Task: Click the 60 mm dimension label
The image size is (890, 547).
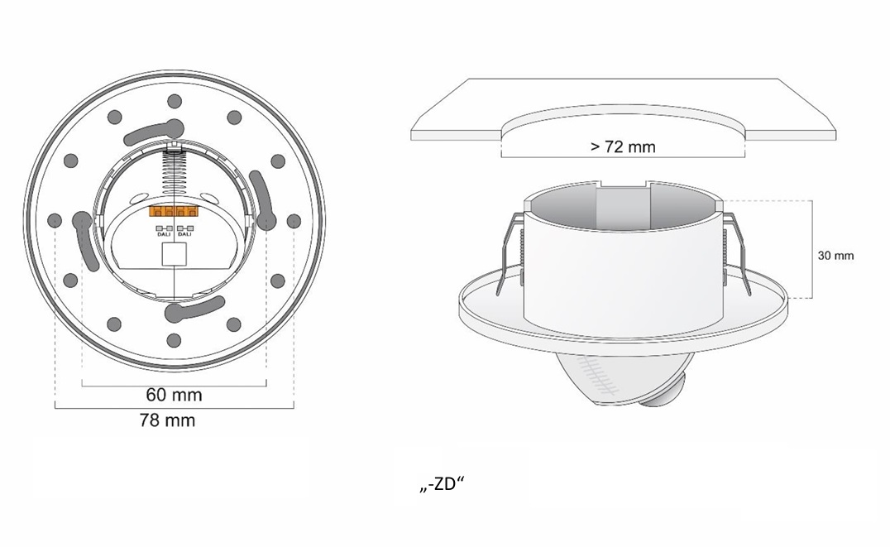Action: click(x=174, y=395)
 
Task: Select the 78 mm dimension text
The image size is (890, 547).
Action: click(x=168, y=420)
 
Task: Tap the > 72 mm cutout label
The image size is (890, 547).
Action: click(x=623, y=146)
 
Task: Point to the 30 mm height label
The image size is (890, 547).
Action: click(x=835, y=256)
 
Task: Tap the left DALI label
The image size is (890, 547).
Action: click(x=163, y=231)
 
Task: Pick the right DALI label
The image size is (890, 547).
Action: click(x=184, y=231)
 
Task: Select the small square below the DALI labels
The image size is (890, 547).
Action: click(x=174, y=254)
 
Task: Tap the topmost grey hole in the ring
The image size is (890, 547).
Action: click(x=175, y=101)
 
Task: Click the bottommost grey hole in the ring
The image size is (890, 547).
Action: click(x=175, y=338)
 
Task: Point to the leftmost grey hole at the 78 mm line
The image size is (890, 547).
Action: click(x=55, y=220)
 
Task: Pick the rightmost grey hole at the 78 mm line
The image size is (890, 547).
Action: click(x=294, y=220)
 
